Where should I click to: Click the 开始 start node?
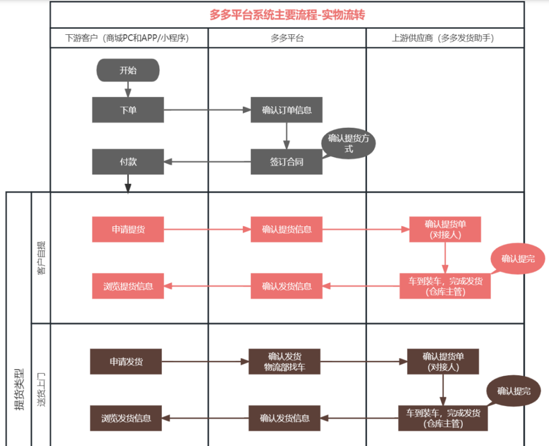[x=128, y=70]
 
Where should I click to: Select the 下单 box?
[x=128, y=110]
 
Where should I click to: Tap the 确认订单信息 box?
[x=286, y=110]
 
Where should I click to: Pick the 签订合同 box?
[x=286, y=162]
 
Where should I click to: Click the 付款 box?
[x=128, y=162]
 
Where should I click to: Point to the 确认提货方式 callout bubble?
[x=349, y=144]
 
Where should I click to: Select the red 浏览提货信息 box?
[x=128, y=286]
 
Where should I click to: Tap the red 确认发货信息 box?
[x=286, y=286]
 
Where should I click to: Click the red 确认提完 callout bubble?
[x=517, y=258]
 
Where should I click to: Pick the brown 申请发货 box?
[x=126, y=362]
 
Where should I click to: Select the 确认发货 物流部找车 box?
[x=285, y=362]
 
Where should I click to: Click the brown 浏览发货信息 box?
[x=126, y=418]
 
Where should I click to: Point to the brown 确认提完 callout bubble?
[x=514, y=391]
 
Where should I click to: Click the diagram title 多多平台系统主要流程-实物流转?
[x=287, y=15]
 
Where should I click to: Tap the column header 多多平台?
[x=287, y=38]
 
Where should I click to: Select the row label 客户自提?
[x=41, y=257]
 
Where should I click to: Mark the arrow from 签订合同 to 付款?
[x=207, y=162]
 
